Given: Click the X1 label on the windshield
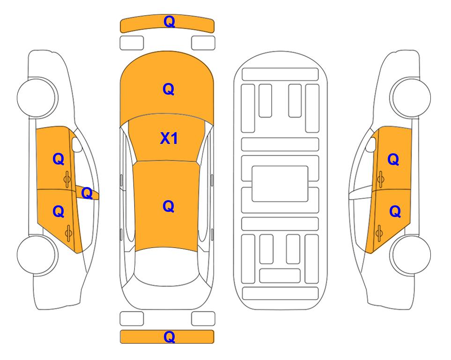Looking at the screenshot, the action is (169, 138).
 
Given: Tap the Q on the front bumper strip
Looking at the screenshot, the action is (169, 22).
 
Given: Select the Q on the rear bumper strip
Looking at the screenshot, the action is (169, 337).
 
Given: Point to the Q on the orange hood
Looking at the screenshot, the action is (169, 89).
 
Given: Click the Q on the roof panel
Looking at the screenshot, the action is (169, 206).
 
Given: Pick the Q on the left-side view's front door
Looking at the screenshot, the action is (59, 159).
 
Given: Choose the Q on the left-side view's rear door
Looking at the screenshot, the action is (59, 212).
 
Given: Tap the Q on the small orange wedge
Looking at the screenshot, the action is (87, 193).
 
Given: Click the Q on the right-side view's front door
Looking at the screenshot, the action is (393, 159).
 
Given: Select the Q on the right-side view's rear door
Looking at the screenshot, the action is (395, 212).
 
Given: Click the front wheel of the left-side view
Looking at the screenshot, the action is (37, 97).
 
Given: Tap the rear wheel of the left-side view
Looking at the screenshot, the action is (37, 255).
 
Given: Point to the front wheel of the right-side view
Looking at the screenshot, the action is (411, 97).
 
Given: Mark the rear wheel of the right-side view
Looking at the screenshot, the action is (411, 255).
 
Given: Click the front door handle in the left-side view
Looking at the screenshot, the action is (67, 179).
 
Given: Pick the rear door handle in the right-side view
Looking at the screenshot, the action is (379, 233).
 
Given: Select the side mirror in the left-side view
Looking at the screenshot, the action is (76, 144).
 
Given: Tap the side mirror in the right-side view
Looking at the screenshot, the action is (371, 144).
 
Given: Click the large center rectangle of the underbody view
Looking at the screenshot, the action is (280, 184).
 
